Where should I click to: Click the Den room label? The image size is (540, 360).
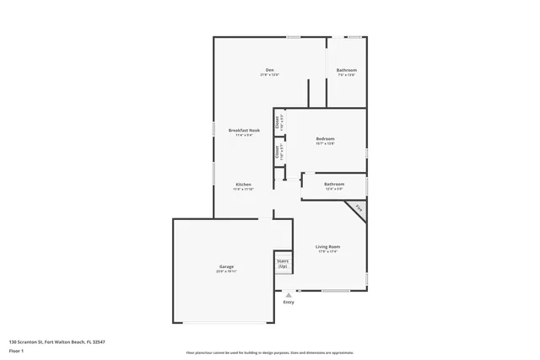[270, 69]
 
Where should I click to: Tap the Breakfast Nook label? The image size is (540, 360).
[244, 130]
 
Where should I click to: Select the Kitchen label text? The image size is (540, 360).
[243, 184]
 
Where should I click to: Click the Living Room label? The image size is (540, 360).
[327, 246]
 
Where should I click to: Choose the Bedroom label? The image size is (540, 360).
[326, 138]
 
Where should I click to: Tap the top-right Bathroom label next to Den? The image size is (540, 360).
[347, 70]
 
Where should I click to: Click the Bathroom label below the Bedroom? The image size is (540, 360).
[334, 184]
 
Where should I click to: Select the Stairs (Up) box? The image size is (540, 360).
[283, 263]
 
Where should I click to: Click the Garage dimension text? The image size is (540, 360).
[226, 271]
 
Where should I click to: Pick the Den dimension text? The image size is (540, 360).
[270, 75]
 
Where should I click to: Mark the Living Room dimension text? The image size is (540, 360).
[327, 251]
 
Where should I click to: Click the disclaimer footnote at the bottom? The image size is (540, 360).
[270, 352]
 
